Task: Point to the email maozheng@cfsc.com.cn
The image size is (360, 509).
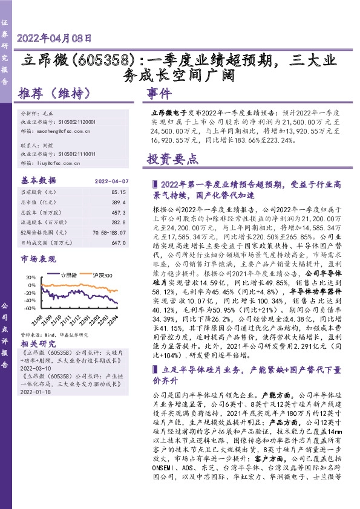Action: pyautogui.click(x=65, y=130)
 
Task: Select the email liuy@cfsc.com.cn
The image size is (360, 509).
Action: pyautogui.click(x=61, y=163)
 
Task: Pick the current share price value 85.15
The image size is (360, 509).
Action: pyautogui.click(x=119, y=192)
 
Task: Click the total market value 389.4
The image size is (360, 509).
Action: pyautogui.click(x=119, y=202)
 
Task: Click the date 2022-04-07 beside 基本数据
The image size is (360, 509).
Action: pyautogui.click(x=112, y=181)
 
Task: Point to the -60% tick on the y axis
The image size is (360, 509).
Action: pyautogui.click(x=28, y=308)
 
